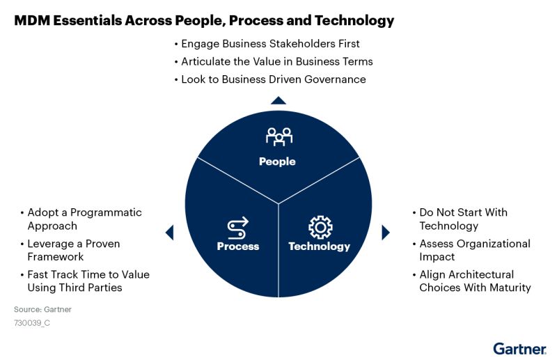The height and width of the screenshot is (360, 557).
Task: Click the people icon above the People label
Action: coord(278,136)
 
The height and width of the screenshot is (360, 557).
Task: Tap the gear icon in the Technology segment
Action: coord(320,227)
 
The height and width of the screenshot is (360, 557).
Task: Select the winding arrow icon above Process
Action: coord(238,228)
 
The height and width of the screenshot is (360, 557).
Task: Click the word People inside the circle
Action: coord(277,162)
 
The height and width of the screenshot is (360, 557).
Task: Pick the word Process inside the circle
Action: coord(238,246)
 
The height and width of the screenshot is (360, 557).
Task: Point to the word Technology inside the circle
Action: coord(319,246)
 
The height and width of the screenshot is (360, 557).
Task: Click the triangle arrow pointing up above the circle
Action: coord(278,100)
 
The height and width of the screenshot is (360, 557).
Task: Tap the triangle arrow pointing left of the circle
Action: coord(169,233)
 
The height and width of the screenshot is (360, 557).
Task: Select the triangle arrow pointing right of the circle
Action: coord(386,233)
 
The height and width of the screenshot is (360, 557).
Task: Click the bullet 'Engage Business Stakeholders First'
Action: coord(270,44)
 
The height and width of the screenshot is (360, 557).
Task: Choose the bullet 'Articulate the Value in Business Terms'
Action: coord(277,61)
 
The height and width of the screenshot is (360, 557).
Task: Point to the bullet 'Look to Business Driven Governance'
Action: coord(273,79)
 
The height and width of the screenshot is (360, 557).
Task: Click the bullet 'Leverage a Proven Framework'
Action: coord(74,250)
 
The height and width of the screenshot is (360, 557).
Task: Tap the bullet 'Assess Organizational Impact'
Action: coord(474,250)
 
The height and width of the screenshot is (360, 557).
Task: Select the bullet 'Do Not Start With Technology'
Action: coord(463,219)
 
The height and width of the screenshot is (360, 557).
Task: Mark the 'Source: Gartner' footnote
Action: coord(42,309)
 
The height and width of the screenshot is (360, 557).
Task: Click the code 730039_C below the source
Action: coord(32,323)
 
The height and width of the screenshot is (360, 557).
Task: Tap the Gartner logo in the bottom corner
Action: coord(519,347)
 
